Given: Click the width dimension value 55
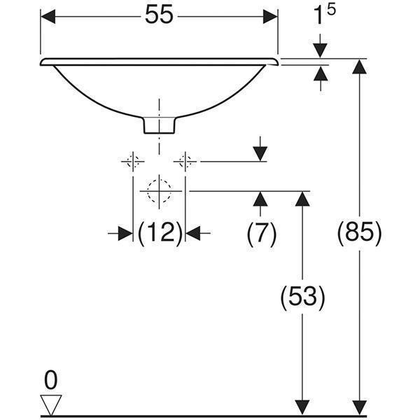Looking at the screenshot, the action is pos(159,15).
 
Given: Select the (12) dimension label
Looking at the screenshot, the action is pos(160,234).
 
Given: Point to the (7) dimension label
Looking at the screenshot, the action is pos(261,234).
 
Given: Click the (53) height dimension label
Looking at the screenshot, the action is pos(302,297).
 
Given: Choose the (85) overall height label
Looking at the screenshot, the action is pos(359,233).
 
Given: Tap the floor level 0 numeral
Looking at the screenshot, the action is pos(50,380).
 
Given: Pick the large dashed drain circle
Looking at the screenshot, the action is pos(160,191).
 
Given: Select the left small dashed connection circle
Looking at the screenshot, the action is pos(133,161).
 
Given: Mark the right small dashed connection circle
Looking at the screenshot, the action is pos(185,161).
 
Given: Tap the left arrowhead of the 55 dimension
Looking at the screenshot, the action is pos(48,17).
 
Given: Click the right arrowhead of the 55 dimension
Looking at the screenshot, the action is pos(270,17).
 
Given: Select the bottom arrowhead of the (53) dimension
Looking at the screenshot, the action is pos(302,408).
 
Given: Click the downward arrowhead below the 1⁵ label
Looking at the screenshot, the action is pos(321,50).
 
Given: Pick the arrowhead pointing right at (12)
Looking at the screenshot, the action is pos(125,234).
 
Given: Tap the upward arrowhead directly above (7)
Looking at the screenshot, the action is pos(260,199).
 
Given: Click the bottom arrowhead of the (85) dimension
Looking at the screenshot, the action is pos(359,408).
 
